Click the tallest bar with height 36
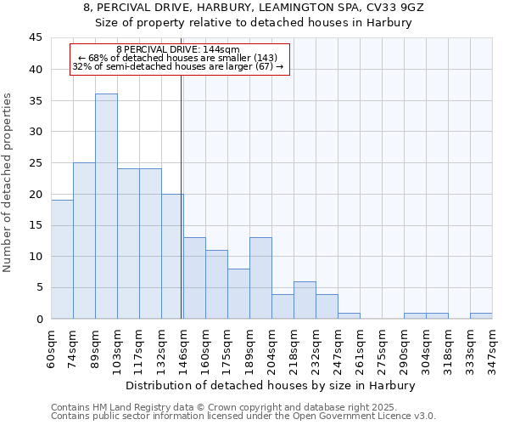(x=106, y=207)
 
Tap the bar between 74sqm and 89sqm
(x=84, y=241)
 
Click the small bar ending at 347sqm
(x=481, y=316)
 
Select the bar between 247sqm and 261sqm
(x=349, y=316)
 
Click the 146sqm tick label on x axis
(x=184, y=349)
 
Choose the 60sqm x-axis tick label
(x=52, y=348)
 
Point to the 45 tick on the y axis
(x=36, y=38)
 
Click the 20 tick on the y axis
(x=36, y=194)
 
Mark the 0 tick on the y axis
(x=39, y=319)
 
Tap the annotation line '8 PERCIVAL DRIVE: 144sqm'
(x=178, y=50)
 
